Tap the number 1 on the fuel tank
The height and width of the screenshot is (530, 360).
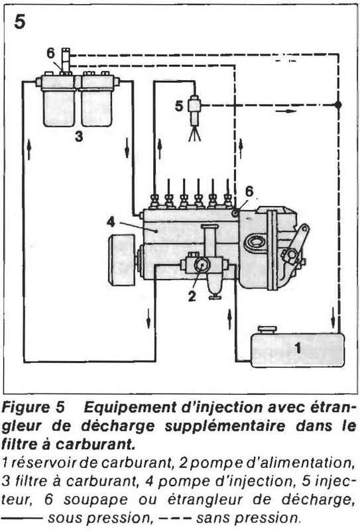[x=298, y=346]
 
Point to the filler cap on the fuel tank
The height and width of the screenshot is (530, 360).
[x=267, y=329]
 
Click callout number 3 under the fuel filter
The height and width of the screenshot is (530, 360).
[x=78, y=137]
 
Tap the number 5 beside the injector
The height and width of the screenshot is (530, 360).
[x=178, y=104]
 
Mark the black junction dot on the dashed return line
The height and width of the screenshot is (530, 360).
[x=338, y=105]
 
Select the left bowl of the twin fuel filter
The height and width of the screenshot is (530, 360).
[x=58, y=106]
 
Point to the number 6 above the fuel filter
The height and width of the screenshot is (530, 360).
[x=51, y=52]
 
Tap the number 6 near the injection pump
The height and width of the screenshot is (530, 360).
[x=249, y=191]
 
